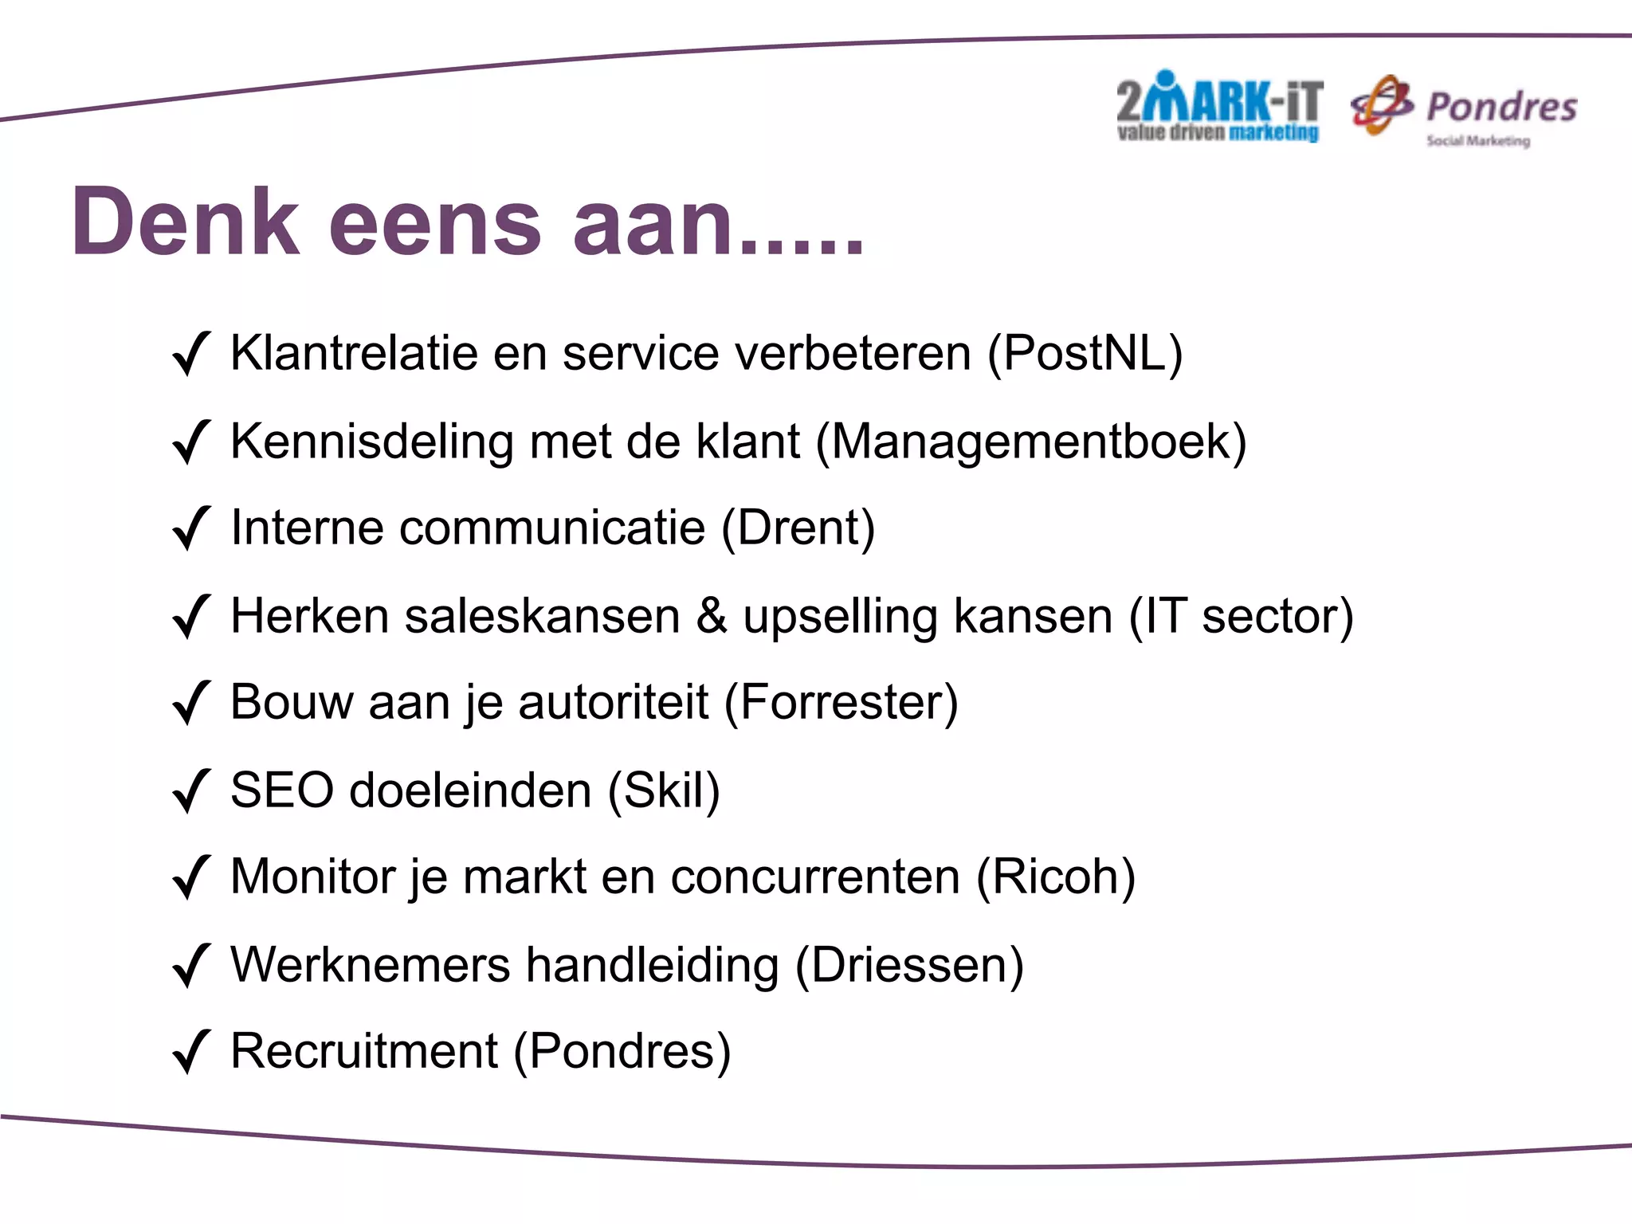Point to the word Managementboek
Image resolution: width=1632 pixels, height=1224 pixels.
1031,442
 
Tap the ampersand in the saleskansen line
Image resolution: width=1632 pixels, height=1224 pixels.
712,616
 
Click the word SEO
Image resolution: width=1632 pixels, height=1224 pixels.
282,790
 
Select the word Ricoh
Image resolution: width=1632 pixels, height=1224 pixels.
1056,877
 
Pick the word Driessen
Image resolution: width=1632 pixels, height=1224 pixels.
909,965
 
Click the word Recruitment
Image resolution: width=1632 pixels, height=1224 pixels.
364,1051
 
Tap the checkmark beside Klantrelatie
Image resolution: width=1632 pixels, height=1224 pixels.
191,354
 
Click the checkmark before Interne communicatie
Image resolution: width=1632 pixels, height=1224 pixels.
191,528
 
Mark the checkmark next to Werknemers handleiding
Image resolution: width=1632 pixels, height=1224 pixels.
191,966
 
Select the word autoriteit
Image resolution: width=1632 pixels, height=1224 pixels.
613,702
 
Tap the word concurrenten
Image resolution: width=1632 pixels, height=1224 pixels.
815,877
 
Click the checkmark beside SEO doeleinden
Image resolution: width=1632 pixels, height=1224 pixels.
191,791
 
